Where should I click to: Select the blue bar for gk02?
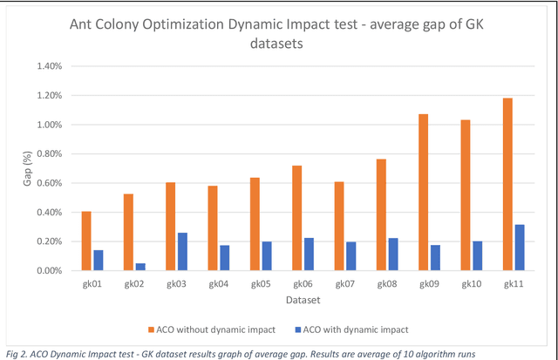[140, 267]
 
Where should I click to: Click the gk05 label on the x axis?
[261, 284]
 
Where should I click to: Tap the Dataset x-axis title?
[303, 299]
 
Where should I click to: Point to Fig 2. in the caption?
[17, 351]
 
